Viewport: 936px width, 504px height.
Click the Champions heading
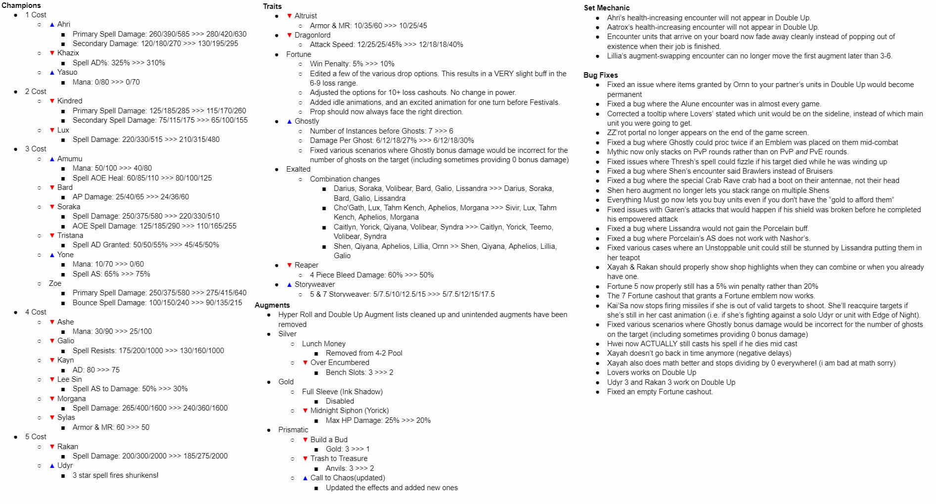click(x=21, y=5)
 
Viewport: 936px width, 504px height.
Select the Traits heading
click(x=272, y=6)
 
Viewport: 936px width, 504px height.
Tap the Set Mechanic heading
click(x=606, y=8)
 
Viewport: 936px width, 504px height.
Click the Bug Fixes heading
click(x=600, y=75)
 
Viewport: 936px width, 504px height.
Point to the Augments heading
click(x=272, y=305)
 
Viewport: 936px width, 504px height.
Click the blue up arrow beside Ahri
click(x=52, y=25)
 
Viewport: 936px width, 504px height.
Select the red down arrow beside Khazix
click(x=52, y=53)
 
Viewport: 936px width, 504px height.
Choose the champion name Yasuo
click(x=67, y=72)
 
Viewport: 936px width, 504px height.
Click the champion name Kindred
click(x=70, y=101)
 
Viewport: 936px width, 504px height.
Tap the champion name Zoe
click(x=55, y=283)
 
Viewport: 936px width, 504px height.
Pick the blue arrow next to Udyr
click(x=52, y=466)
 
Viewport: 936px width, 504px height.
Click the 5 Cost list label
click(x=36, y=437)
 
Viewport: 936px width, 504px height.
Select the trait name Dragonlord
click(x=312, y=35)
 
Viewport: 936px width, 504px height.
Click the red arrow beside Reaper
click(x=289, y=266)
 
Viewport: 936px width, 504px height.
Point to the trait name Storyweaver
click(x=314, y=284)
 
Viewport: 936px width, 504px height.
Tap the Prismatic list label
click(x=293, y=430)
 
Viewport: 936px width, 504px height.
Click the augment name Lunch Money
click(x=323, y=344)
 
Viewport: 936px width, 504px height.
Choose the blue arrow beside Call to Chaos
click(x=305, y=478)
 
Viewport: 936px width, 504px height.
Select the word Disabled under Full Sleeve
click(x=340, y=401)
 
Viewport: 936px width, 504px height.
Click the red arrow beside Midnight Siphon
click(x=305, y=411)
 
